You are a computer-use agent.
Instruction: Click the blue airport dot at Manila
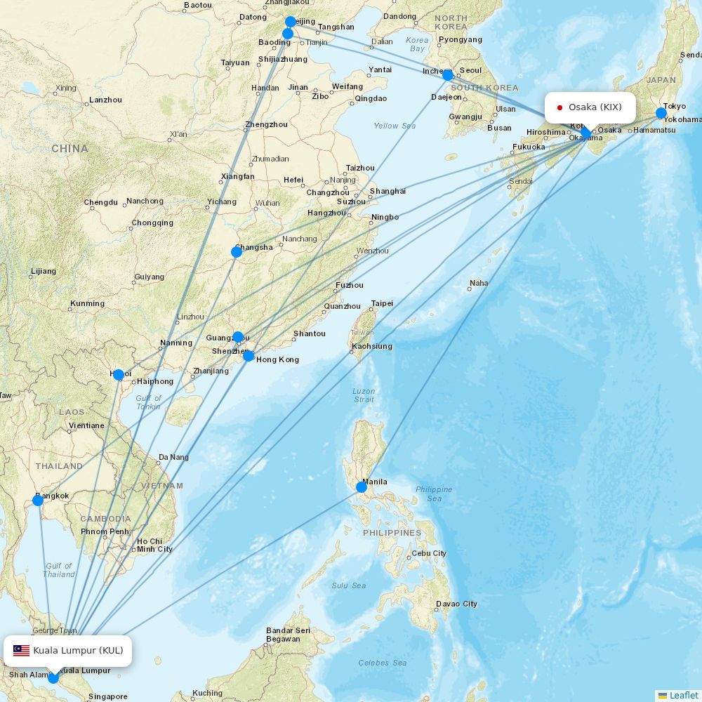[x=362, y=487]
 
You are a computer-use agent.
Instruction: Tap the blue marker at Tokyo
[x=661, y=113]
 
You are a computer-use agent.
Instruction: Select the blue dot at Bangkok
[x=38, y=501]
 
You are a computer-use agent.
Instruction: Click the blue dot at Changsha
[x=237, y=252]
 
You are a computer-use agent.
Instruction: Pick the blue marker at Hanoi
[x=119, y=375]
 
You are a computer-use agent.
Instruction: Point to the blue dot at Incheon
[x=448, y=74]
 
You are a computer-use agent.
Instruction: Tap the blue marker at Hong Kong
[x=249, y=356]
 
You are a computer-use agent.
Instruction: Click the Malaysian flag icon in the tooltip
[x=21, y=651]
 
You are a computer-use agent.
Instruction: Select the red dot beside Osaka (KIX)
[x=559, y=107]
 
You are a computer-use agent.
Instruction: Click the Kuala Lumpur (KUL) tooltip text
[x=78, y=651]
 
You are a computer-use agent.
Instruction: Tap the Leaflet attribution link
[x=683, y=695]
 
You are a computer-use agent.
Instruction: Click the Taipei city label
[x=382, y=303]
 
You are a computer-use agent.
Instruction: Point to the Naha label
[x=479, y=284]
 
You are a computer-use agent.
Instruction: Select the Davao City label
[x=456, y=604]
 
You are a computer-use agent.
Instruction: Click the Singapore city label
[x=108, y=696]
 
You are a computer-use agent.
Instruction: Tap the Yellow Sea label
[x=395, y=126]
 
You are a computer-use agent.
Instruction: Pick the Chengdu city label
[x=100, y=202]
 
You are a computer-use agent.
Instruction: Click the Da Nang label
[x=173, y=457]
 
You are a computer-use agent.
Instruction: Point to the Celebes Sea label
[x=382, y=663]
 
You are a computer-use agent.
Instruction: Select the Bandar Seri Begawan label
[x=288, y=635]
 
